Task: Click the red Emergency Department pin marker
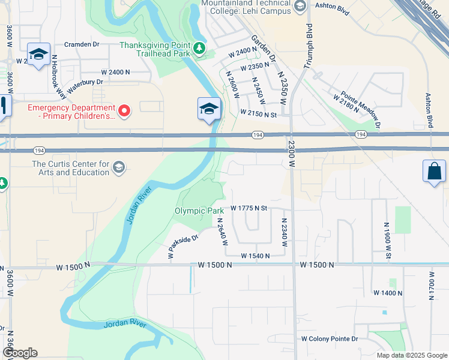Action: click(x=124, y=110)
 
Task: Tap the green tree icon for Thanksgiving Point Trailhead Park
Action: click(x=200, y=47)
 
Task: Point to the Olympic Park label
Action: click(x=199, y=211)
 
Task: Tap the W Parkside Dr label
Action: click(x=184, y=247)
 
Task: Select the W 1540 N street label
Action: click(x=255, y=256)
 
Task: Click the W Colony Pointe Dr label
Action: click(x=330, y=339)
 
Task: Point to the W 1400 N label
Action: click(x=387, y=293)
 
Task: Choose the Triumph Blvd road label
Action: click(x=309, y=46)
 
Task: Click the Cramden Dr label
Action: click(x=82, y=44)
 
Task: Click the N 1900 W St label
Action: click(x=388, y=241)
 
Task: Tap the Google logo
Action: click(x=20, y=353)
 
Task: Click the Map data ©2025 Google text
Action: click(x=411, y=355)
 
